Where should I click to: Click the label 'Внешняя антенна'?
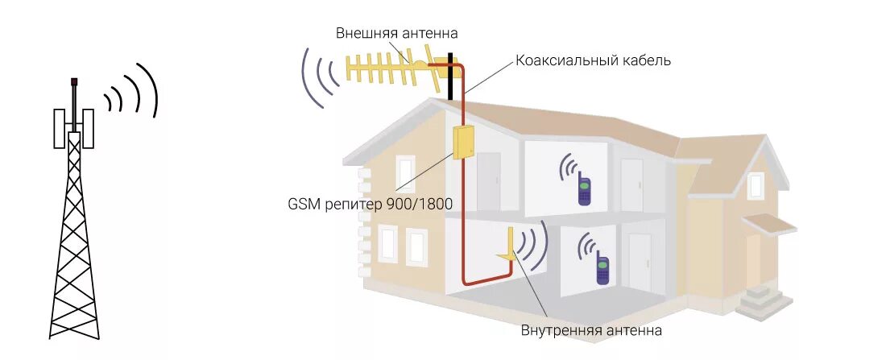click(x=397, y=34)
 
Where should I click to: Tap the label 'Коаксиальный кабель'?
click(x=593, y=60)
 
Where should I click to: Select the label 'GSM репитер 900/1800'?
click(x=370, y=205)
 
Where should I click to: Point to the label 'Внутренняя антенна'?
click(x=591, y=330)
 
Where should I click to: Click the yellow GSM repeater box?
click(x=464, y=142)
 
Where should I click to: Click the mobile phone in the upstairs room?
click(x=584, y=191)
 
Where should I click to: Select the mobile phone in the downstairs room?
click(x=602, y=268)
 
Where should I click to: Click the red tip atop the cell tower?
click(x=73, y=81)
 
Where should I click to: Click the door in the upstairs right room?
click(x=632, y=184)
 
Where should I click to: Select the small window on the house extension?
click(x=755, y=186)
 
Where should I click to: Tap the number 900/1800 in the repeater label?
click(x=423, y=205)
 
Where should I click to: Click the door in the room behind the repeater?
click(x=488, y=180)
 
